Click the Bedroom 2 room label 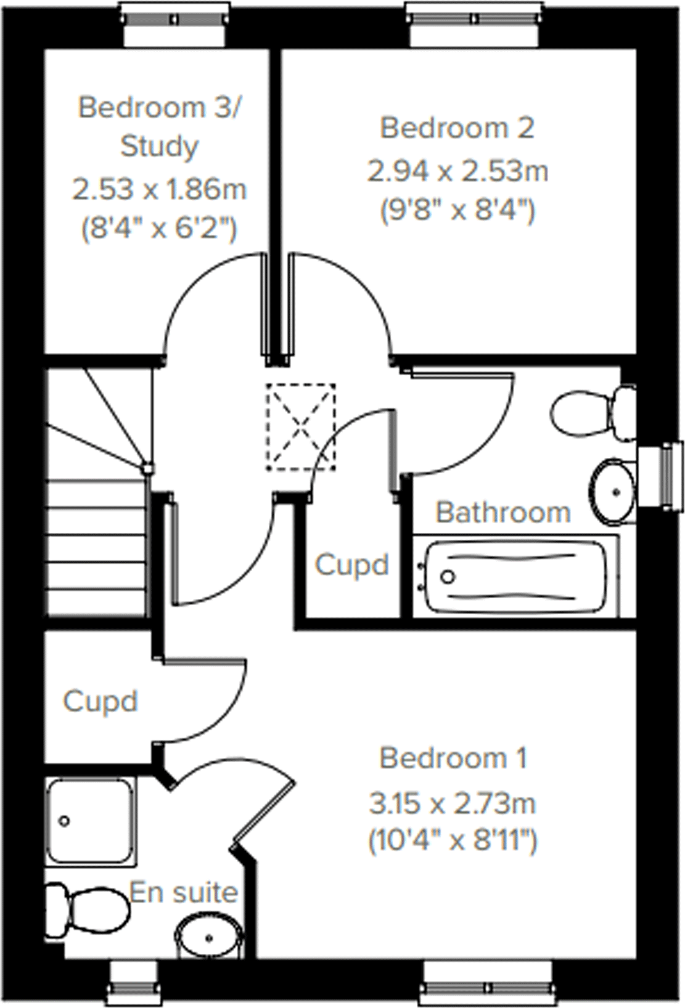point(457,128)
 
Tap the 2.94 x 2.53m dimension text point(457,171)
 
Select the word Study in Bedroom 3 point(159,147)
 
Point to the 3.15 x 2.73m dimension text point(453,803)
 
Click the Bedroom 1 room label point(453,758)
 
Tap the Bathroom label point(503,512)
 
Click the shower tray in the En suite point(90,820)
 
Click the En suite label point(184,892)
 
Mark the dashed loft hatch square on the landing point(301,426)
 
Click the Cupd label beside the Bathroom point(352,564)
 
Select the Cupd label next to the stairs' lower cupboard point(100,701)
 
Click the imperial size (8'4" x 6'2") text point(159,230)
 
